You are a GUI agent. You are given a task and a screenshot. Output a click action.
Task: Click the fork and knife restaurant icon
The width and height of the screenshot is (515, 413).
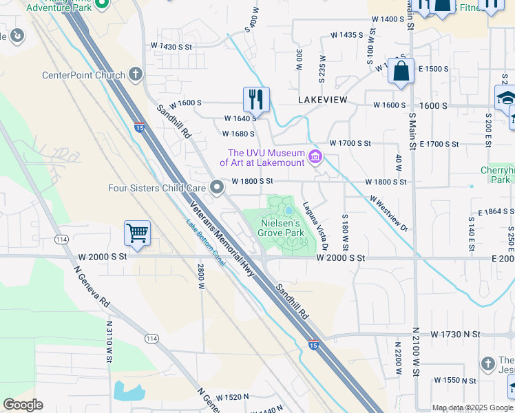pos(256,99)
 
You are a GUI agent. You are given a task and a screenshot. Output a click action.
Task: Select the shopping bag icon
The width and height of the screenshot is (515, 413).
pos(401,71)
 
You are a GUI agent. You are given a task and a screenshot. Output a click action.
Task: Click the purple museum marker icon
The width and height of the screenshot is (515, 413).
pos(315,158)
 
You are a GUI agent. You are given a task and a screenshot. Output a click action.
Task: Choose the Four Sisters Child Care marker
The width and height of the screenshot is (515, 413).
pos(217,187)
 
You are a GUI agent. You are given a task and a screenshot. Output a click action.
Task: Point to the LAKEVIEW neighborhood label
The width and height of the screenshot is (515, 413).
pos(323,100)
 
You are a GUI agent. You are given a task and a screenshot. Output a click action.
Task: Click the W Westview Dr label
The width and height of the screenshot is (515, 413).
pos(388,213)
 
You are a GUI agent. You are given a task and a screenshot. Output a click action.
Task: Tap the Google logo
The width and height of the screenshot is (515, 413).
pos(23,405)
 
